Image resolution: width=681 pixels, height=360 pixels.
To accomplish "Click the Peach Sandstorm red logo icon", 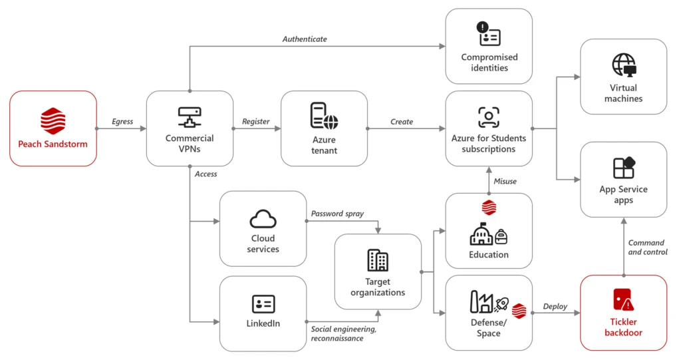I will pyautogui.click(x=53, y=122).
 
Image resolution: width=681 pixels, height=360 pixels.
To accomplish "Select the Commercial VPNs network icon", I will pyautogui.click(x=190, y=118).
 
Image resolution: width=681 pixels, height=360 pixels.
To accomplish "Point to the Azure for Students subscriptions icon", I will pyautogui.click(x=489, y=117).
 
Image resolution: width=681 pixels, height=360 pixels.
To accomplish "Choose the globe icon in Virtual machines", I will pyautogui.click(x=623, y=65).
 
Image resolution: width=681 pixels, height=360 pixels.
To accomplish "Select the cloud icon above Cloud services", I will pyautogui.click(x=263, y=218).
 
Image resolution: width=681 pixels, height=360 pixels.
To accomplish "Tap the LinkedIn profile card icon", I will pyautogui.click(x=263, y=304).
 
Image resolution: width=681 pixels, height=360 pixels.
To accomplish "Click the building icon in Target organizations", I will pyautogui.click(x=377, y=260).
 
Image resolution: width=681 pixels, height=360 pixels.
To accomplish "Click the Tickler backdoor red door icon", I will pyautogui.click(x=623, y=301).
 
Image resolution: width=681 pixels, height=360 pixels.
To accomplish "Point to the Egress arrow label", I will pyautogui.click(x=122, y=122).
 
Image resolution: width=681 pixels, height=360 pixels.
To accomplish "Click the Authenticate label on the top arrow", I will pyautogui.click(x=305, y=39).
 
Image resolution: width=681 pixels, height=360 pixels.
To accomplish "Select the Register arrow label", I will pyautogui.click(x=256, y=122).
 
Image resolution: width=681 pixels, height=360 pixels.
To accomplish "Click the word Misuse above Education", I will pyautogui.click(x=505, y=181).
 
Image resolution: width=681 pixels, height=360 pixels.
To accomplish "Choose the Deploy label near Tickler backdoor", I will pyautogui.click(x=555, y=306).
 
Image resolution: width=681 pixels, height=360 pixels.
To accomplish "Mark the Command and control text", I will pyautogui.click(x=646, y=248).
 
